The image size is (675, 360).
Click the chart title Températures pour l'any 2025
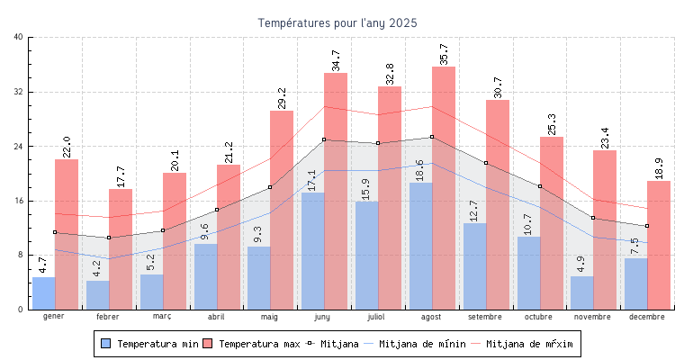[337, 22]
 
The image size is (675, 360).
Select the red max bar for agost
[444, 188]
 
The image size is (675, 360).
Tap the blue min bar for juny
[313, 251]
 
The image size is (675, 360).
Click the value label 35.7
[443, 53]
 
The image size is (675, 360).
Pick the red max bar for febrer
[121, 249]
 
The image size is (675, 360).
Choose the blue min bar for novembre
[582, 292]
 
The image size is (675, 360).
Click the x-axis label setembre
[486, 317]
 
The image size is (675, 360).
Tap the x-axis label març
[162, 317]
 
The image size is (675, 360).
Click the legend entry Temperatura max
[251, 344]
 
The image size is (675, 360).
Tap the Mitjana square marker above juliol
[378, 143]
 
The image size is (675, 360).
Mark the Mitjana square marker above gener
[55, 232]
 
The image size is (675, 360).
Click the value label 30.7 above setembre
[497, 87]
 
